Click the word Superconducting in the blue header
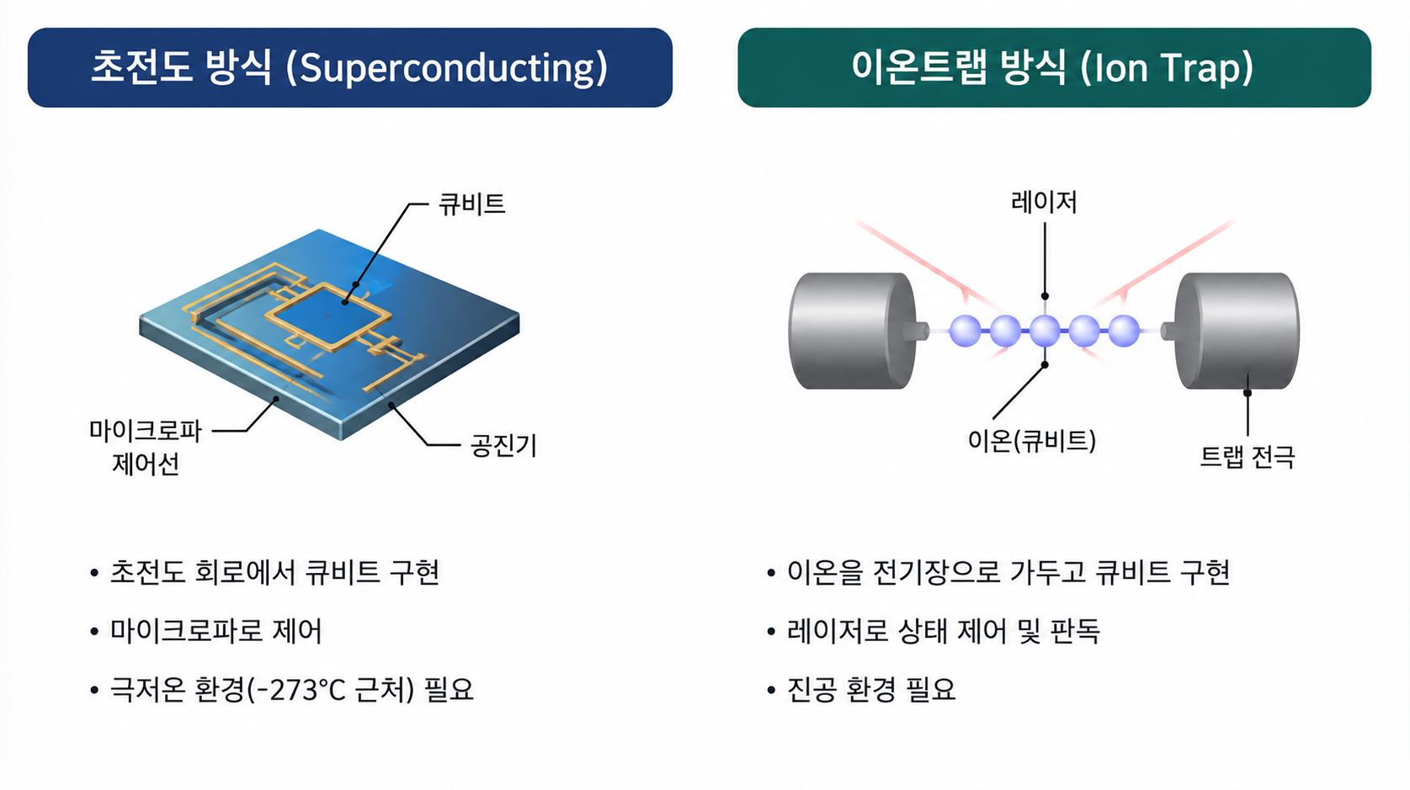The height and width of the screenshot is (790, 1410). coord(447,68)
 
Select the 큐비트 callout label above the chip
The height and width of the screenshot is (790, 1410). coord(472,204)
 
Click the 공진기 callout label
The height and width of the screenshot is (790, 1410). coord(503,445)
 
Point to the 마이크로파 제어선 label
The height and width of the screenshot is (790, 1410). coord(146,448)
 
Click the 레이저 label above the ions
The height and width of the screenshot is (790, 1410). coord(1045,202)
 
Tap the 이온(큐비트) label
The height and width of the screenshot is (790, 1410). coord(1032,440)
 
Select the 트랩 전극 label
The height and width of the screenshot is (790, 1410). coord(1247,457)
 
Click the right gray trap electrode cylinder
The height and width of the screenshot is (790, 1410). coord(1232,330)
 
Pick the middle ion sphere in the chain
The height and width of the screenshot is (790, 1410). coord(1045,331)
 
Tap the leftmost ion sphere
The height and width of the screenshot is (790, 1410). coord(966,331)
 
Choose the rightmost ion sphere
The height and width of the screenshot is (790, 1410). coord(1124,331)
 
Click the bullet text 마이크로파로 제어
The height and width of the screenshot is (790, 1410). coord(215,631)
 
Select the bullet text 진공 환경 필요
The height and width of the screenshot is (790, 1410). coord(871,689)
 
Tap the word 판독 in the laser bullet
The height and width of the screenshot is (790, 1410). coord(1075,631)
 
